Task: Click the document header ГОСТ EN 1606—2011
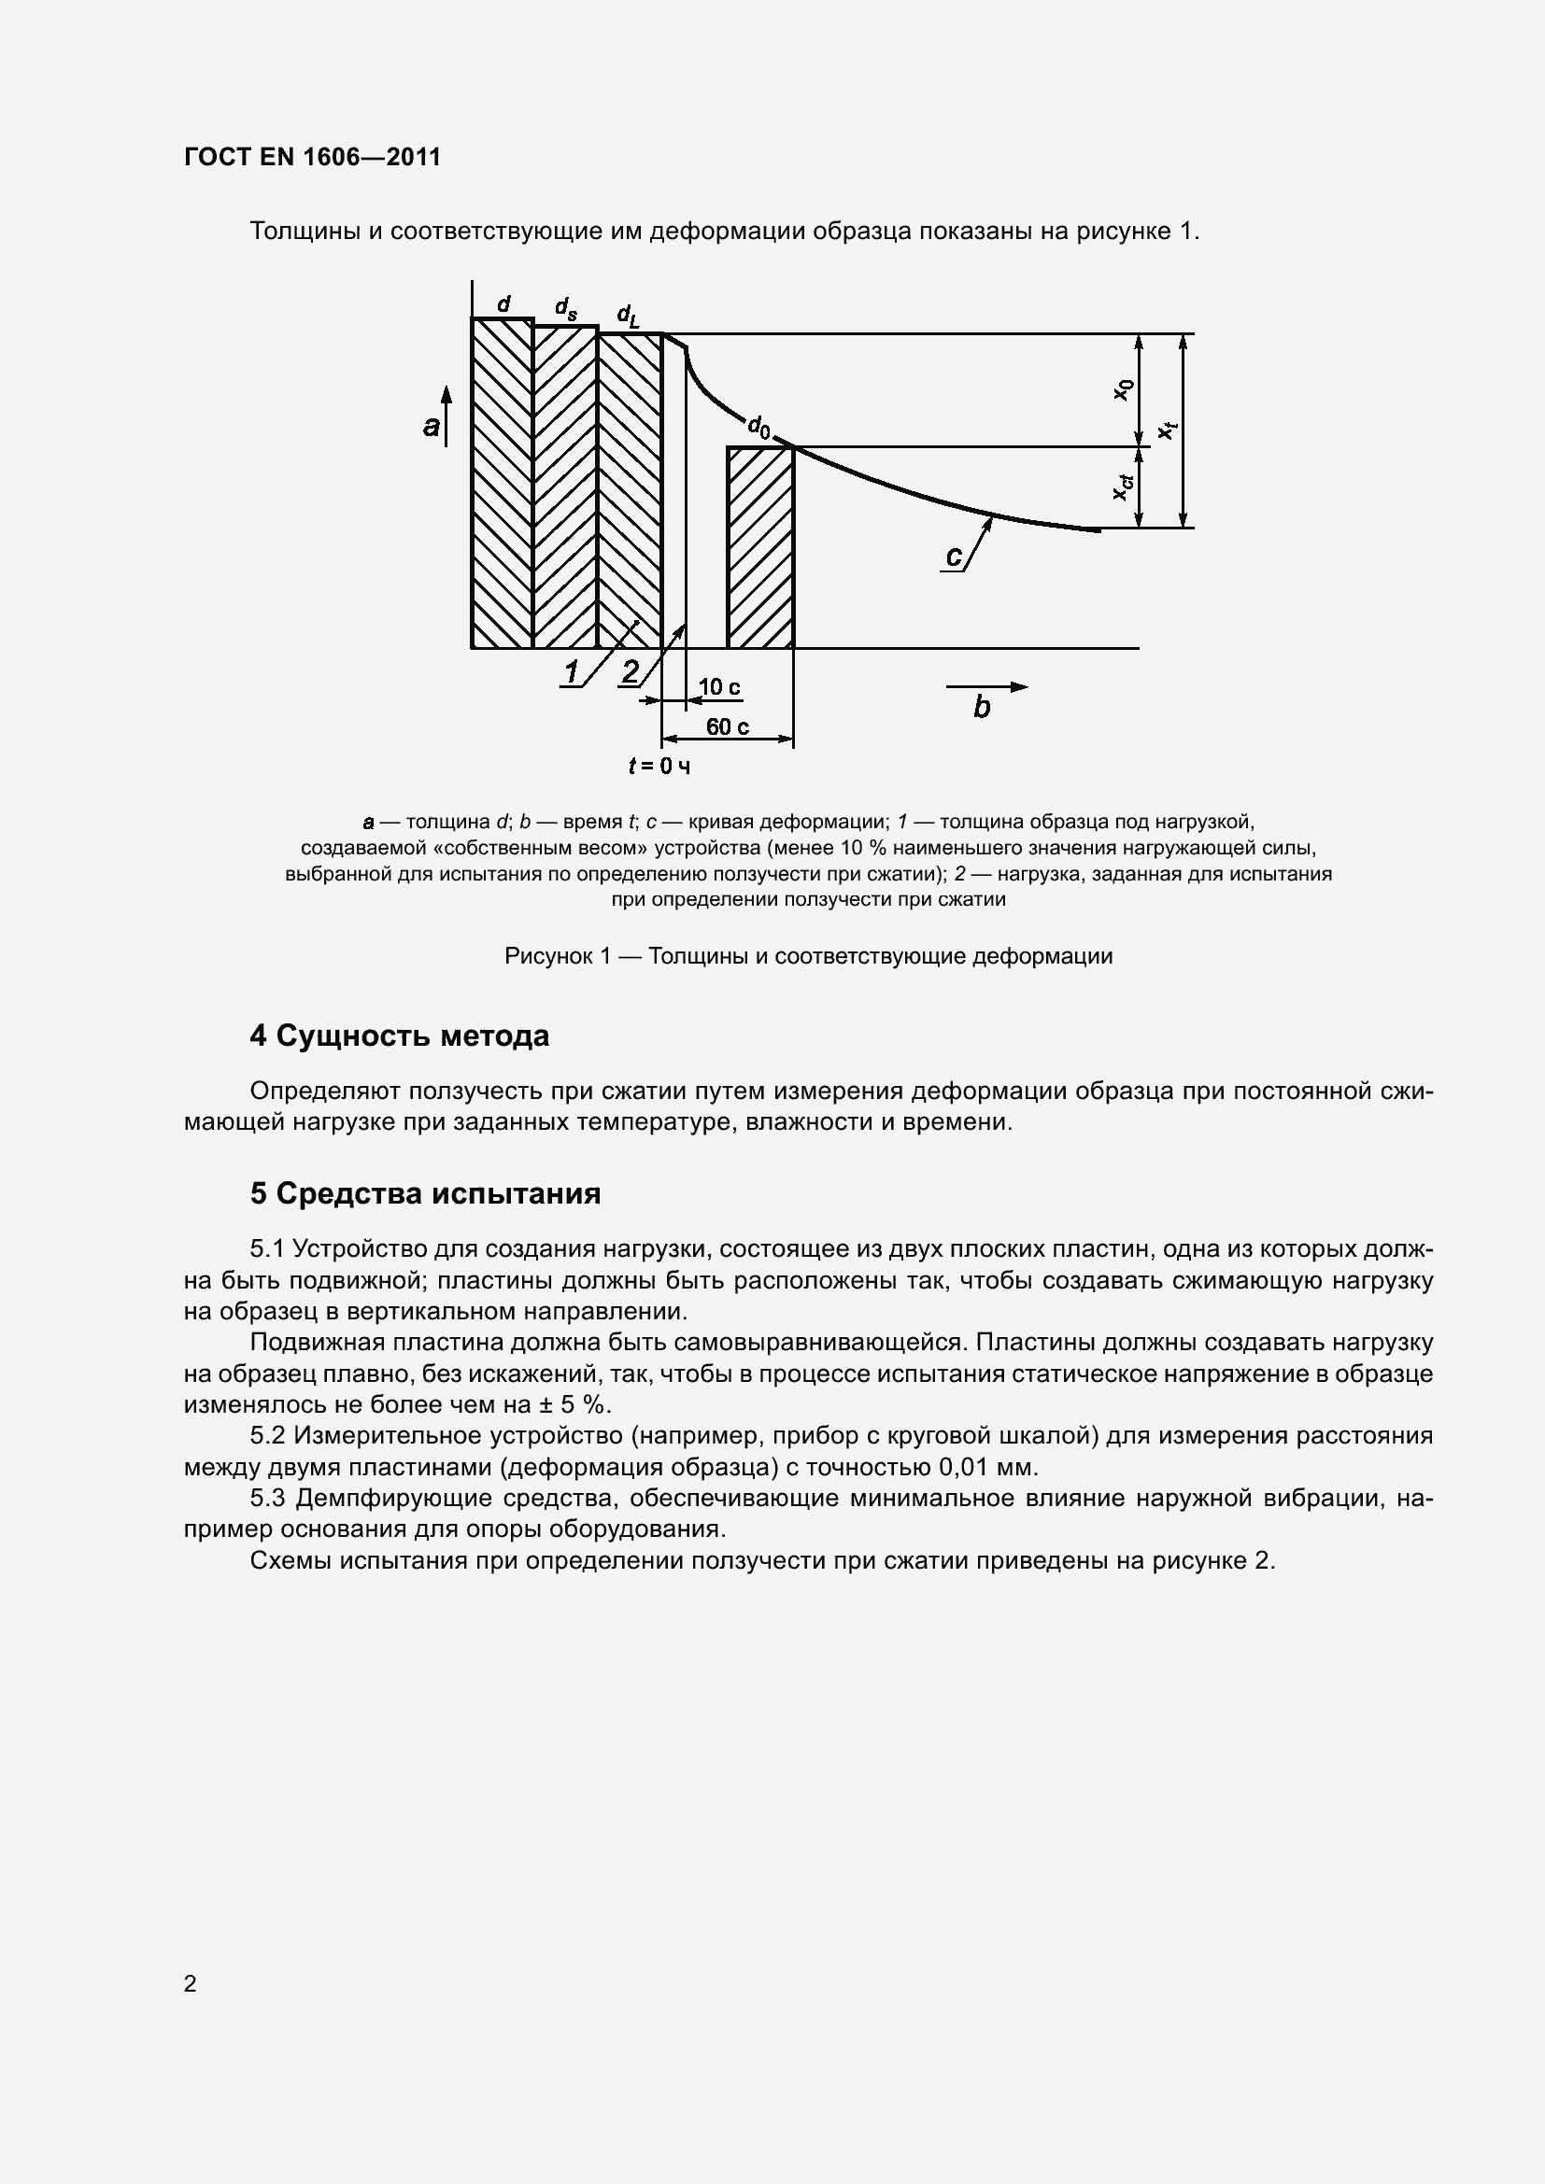point(312,157)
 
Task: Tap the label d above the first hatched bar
point(504,303)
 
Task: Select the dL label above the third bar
point(628,314)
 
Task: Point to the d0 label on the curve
point(758,426)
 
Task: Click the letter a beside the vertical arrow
point(432,426)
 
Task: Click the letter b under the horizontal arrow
point(982,707)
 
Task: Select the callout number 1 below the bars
point(571,672)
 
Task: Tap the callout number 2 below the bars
point(630,671)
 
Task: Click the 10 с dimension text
point(719,687)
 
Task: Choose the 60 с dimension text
point(727,726)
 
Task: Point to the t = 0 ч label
point(659,766)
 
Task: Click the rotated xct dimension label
point(1124,487)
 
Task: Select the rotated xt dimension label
point(1168,430)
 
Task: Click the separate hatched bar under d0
point(760,547)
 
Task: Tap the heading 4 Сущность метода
point(399,1036)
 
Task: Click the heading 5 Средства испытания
point(424,1194)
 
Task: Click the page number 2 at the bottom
point(190,1983)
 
